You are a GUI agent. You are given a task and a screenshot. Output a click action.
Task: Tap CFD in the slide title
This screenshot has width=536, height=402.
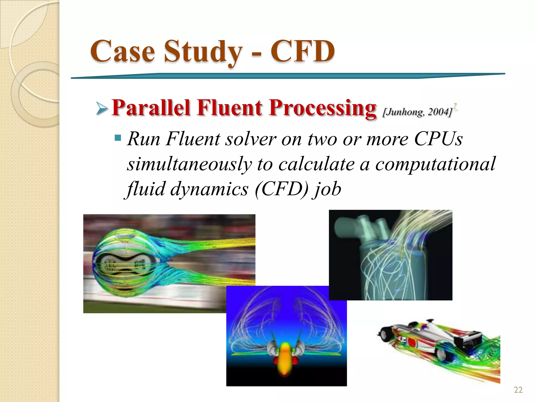303,51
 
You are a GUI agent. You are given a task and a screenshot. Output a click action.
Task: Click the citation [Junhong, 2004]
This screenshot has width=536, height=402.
418,112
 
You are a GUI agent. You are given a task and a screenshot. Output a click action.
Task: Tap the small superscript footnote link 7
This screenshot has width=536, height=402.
455,106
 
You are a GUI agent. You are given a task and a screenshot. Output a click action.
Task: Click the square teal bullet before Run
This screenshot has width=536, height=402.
118,137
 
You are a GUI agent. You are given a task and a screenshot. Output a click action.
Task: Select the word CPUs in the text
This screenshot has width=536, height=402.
438,139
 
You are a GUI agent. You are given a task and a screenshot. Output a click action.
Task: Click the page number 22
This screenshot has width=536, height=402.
518,390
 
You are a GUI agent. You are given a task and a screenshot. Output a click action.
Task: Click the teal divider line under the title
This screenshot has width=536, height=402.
288,76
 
